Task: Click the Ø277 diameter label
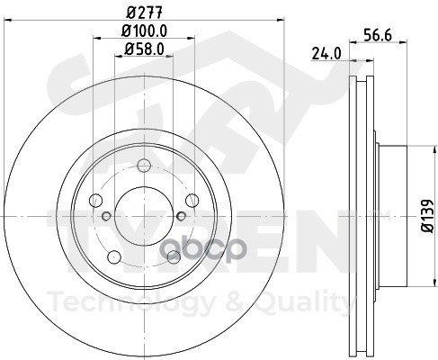point(145,13)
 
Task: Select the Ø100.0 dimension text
point(144,31)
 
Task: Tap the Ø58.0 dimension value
point(144,49)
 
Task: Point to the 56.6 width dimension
point(378,35)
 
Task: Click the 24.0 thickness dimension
point(326,54)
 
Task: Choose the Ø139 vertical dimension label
point(427,216)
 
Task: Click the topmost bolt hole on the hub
point(144,166)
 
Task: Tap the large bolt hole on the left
point(96,200)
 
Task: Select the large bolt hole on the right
point(192,200)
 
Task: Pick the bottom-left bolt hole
point(114,256)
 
